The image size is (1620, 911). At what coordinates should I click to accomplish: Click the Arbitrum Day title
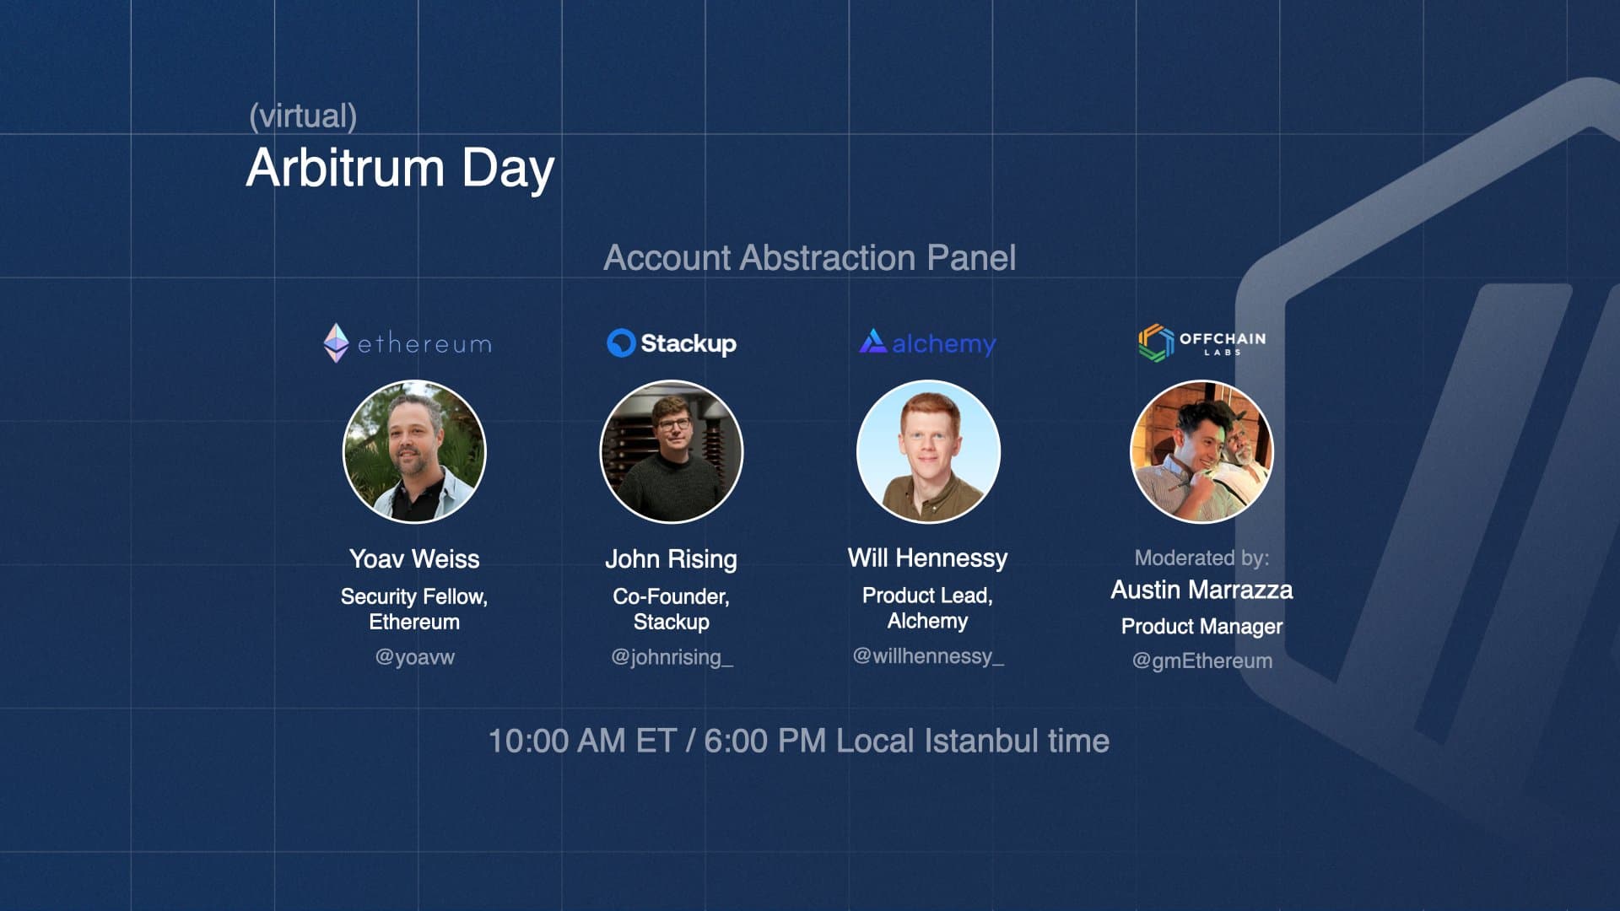[x=400, y=168]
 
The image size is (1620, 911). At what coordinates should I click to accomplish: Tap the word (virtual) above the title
[x=303, y=116]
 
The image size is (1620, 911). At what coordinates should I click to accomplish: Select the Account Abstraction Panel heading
[x=810, y=257]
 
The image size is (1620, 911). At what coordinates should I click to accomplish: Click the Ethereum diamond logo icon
[x=336, y=343]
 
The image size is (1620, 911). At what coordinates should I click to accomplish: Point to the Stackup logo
[x=672, y=343]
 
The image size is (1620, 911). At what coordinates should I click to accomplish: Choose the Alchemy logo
[x=927, y=342]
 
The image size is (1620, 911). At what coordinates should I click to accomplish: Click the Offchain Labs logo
[x=1202, y=342]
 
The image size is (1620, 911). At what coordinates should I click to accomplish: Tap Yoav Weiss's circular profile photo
[x=414, y=451]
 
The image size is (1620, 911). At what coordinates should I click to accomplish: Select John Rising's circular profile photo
[x=672, y=451]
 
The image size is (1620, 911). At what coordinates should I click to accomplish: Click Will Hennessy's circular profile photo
[x=928, y=451]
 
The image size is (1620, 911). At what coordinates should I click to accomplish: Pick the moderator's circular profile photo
[x=1201, y=451]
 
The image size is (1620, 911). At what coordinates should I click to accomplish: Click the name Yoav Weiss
[x=414, y=558]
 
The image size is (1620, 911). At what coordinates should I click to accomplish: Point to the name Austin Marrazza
[x=1201, y=590]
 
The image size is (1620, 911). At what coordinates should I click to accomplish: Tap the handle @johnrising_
[x=672, y=657]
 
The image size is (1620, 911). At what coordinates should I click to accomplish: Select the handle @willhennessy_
[x=928, y=656]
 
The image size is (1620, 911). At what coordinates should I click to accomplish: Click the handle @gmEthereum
[x=1201, y=660]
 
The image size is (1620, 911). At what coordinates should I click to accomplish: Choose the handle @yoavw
[x=414, y=657]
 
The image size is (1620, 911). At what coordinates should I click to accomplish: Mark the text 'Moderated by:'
[x=1201, y=558]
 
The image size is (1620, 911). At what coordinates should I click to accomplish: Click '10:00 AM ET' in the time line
[x=583, y=741]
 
